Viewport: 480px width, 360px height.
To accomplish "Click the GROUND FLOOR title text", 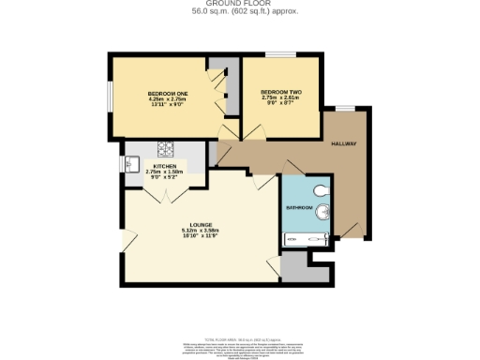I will [x=239, y=4].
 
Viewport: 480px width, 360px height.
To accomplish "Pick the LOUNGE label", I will [x=199, y=225].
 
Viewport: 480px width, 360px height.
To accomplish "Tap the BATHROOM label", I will [x=299, y=205].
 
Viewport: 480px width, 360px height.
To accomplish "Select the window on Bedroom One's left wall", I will [x=110, y=95].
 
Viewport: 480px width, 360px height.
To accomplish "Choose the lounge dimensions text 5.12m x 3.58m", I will [x=199, y=231].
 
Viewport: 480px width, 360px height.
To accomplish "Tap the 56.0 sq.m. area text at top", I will [x=239, y=12].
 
